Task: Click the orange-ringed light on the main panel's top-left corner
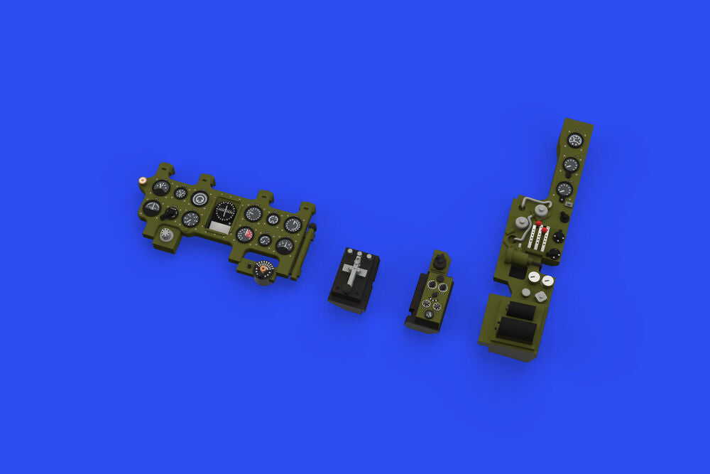click(x=143, y=181)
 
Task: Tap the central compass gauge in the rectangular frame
click(x=225, y=211)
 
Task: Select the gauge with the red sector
click(x=245, y=234)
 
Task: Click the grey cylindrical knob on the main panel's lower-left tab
click(x=167, y=235)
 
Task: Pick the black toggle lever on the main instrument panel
click(x=170, y=212)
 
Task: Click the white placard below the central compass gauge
click(x=220, y=227)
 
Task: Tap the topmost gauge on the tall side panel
click(x=575, y=140)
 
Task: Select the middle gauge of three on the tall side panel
click(x=571, y=165)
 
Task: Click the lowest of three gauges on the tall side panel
click(x=564, y=189)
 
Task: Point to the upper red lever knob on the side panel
click(x=538, y=224)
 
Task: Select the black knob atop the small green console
click(x=439, y=263)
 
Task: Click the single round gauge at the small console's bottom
click(x=429, y=314)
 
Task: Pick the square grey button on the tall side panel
click(x=541, y=296)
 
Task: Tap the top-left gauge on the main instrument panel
click(x=161, y=187)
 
